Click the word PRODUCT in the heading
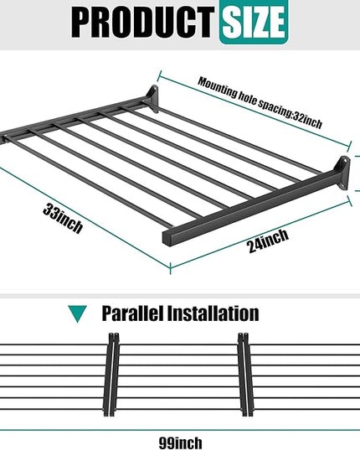point(142,23)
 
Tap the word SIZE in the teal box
point(254,22)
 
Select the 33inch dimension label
point(63,218)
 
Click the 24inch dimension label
point(268,241)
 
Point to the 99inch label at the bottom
point(180,442)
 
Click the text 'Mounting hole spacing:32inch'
point(260,103)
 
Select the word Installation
point(213,313)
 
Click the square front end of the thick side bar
point(167,237)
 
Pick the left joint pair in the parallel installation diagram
point(111,375)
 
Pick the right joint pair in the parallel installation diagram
point(246,375)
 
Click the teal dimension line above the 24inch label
point(261,233)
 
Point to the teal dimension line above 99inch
point(180,430)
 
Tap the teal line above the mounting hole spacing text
point(254,111)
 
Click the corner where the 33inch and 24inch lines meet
point(171,268)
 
